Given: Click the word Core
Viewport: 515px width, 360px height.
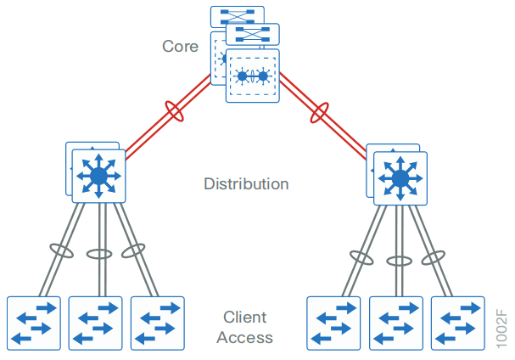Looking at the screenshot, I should [x=181, y=45].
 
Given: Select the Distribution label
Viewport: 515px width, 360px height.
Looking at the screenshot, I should [x=246, y=183].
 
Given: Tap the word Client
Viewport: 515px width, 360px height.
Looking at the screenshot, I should [x=244, y=318].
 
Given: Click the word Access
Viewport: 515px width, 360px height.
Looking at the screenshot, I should [x=244, y=337].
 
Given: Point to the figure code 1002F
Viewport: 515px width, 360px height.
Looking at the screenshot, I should [x=501, y=323].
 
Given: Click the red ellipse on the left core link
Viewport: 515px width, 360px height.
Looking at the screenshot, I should [x=176, y=111].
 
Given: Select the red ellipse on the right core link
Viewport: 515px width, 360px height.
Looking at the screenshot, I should [x=320, y=112].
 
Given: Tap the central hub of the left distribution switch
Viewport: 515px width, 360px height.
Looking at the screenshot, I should [x=98, y=176].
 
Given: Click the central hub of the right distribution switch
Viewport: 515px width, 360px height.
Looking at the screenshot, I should [x=399, y=178].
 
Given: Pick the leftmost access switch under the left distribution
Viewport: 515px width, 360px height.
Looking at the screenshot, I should [x=33, y=323].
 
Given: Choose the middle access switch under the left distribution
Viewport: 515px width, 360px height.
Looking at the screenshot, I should [x=96, y=323].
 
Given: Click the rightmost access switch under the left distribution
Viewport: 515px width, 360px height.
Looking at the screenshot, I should [x=157, y=323].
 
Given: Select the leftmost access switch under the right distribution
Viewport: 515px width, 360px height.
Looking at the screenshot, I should [x=333, y=323].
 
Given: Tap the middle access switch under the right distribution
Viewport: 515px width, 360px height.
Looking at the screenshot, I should [x=395, y=323].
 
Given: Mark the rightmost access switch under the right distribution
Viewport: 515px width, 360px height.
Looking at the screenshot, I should [x=457, y=323].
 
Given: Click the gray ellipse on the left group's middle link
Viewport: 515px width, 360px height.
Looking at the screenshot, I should [x=100, y=254].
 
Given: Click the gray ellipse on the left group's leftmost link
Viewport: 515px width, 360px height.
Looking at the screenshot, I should [x=61, y=250].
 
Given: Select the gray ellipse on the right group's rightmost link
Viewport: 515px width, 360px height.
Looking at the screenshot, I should [x=434, y=256].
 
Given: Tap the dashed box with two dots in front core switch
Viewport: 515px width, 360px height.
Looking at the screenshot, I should [x=252, y=76].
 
